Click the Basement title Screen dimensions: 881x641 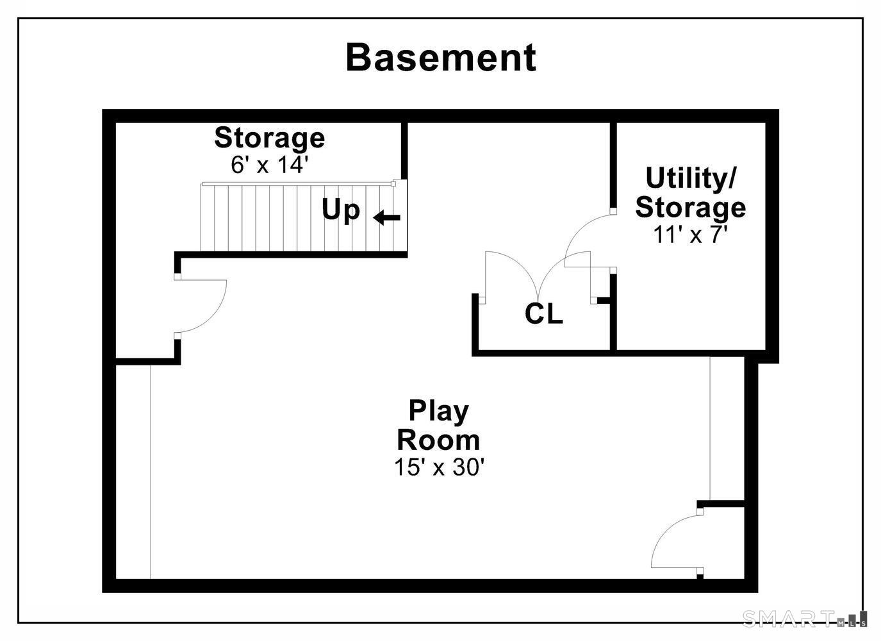[441, 58]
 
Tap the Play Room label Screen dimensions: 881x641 [438, 425]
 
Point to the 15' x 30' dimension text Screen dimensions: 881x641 [438, 467]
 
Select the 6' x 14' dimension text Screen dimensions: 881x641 [269, 165]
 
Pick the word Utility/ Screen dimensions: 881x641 [690, 179]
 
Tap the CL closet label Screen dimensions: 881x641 [544, 314]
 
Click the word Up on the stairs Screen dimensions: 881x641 [341, 210]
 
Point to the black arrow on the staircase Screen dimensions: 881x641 [386, 217]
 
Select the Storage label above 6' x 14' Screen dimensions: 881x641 [269, 138]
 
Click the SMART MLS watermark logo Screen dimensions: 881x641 [804, 619]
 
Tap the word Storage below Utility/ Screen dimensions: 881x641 [690, 208]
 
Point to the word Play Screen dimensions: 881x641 [438, 412]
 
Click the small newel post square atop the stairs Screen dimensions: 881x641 [393, 183]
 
